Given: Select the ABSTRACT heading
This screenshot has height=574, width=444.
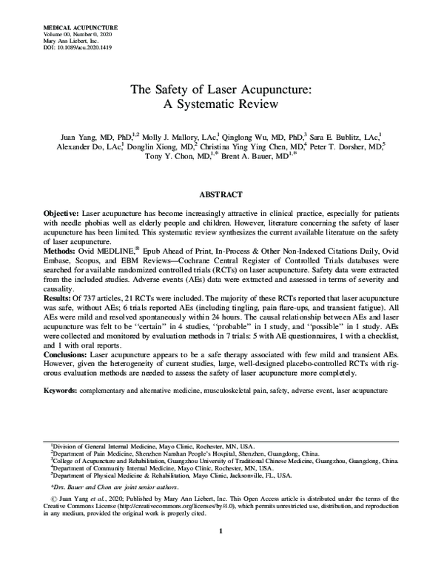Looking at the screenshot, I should click(x=221, y=195).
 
